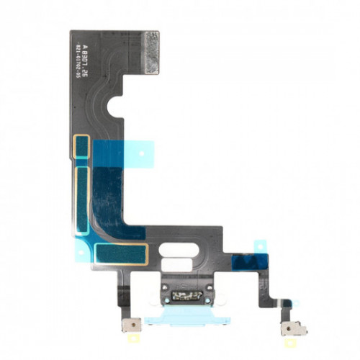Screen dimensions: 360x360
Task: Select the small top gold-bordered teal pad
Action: [x=84, y=146]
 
